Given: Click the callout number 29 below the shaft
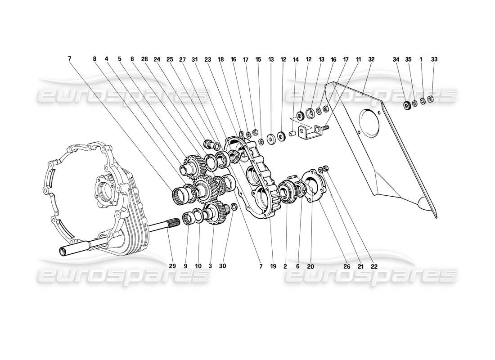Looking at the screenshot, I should click(172, 266).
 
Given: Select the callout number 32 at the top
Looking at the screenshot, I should click(371, 59).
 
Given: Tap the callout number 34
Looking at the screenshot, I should click(396, 59).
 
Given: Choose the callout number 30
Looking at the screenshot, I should click(223, 266).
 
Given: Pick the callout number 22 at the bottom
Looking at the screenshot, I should click(374, 266).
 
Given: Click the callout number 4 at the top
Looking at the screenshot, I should click(107, 59).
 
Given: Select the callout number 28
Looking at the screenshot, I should click(144, 59).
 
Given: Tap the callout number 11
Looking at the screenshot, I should click(359, 59).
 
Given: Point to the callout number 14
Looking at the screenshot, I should click(296, 59).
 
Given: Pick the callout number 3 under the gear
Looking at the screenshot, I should click(210, 266).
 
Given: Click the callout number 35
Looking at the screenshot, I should click(408, 59).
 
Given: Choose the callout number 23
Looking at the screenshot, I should click(220, 59).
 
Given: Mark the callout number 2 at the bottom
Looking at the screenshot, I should click(285, 266).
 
